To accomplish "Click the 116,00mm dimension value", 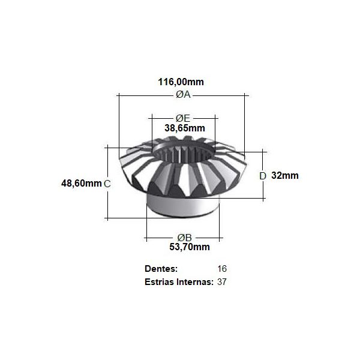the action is click(181, 82).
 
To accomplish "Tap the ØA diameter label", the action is click(183, 94).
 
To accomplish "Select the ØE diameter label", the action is click(183, 118).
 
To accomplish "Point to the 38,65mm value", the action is click(185, 128).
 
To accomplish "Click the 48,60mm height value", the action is click(81, 183).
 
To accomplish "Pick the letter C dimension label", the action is click(107, 184).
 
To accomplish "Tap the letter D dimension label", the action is click(263, 176).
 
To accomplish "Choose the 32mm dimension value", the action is click(285, 175).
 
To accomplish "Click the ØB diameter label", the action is click(184, 238).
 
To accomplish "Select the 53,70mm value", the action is click(190, 247).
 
